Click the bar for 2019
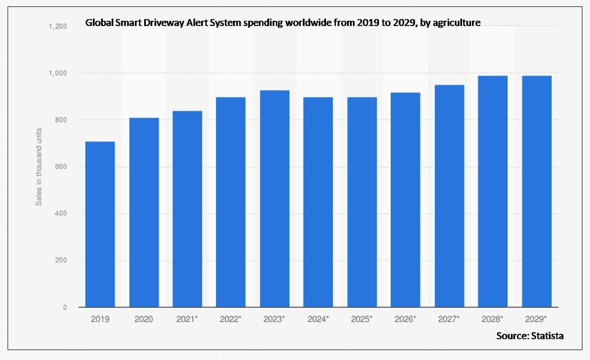pos(100,224)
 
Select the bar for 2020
pos(144,212)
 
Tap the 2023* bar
pos(274,198)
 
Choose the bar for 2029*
pos(537,191)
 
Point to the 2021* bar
pos(187,209)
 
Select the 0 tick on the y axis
pos(65,307)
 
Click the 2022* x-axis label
pos(231,319)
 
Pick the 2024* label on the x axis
pos(319,319)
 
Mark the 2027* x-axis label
pos(449,319)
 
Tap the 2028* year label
pos(493,319)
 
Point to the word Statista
pos(548,336)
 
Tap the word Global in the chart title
pos(98,23)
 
